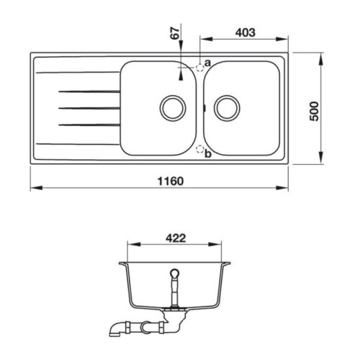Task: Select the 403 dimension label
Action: click(245, 32)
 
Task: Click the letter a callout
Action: click(207, 63)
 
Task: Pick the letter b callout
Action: click(207, 153)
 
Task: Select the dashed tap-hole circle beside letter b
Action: click(199, 149)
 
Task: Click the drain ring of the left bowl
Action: click(171, 107)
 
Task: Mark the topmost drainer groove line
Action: click(85, 91)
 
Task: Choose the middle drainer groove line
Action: click(85, 108)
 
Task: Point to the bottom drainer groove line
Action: click(85, 125)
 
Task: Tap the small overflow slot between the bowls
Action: click(204, 108)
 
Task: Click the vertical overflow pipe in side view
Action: click(173, 292)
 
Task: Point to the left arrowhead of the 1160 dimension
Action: click(34, 189)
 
